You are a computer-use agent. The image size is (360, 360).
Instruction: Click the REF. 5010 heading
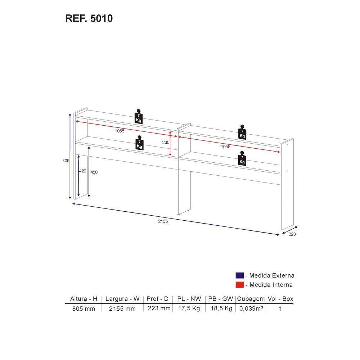[89, 18]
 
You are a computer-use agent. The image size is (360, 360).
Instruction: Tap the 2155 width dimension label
[163, 221]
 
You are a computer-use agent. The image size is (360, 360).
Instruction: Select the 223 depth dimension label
[292, 234]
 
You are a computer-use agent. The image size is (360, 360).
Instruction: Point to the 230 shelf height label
[166, 143]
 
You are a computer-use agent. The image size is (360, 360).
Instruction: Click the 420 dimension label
[82, 171]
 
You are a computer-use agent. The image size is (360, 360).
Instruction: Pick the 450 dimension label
[94, 172]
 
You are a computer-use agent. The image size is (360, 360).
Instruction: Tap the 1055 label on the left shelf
[120, 131]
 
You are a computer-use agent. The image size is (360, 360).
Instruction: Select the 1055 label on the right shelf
[225, 147]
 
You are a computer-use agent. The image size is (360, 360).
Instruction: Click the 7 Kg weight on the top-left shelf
[138, 116]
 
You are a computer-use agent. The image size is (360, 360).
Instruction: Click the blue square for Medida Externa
[240, 275]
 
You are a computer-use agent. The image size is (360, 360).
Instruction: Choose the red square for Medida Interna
[240, 285]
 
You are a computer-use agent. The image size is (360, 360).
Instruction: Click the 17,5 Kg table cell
[189, 309]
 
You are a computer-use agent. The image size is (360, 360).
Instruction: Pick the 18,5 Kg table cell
[220, 309]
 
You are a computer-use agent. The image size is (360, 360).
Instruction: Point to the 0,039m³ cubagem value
[251, 309]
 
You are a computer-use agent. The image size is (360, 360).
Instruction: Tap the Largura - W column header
[122, 299]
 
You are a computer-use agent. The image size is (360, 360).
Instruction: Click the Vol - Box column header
[280, 299]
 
